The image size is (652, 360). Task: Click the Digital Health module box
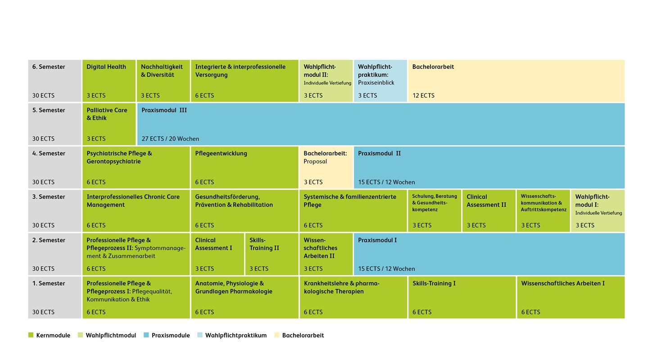pos(109,81)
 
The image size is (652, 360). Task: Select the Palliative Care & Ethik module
pos(109,124)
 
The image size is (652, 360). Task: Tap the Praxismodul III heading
pos(164,110)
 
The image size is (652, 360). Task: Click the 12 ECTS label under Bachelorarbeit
pos(423,95)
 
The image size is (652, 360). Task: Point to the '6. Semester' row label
pos(49,67)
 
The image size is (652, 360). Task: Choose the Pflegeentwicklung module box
pos(244,167)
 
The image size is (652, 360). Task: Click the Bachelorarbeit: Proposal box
pos(326,167)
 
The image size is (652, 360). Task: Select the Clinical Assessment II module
pos(489,211)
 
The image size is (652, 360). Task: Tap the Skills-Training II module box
pos(272,254)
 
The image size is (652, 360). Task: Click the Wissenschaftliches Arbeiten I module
pos(570,297)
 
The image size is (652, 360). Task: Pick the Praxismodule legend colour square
pos(146,335)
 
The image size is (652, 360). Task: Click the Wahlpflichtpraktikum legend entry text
pos(236,335)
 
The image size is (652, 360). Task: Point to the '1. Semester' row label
pos(49,283)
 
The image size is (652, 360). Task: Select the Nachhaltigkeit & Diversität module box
pos(163,81)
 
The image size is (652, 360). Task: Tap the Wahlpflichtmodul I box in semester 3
pos(598,211)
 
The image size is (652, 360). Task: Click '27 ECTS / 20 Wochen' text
pos(170,139)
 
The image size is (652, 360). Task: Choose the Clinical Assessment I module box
pos(217,254)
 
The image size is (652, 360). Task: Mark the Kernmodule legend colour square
pos(31,335)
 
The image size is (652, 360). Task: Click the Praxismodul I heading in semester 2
pos(377,240)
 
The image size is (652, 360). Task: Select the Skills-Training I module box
pos(462,297)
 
